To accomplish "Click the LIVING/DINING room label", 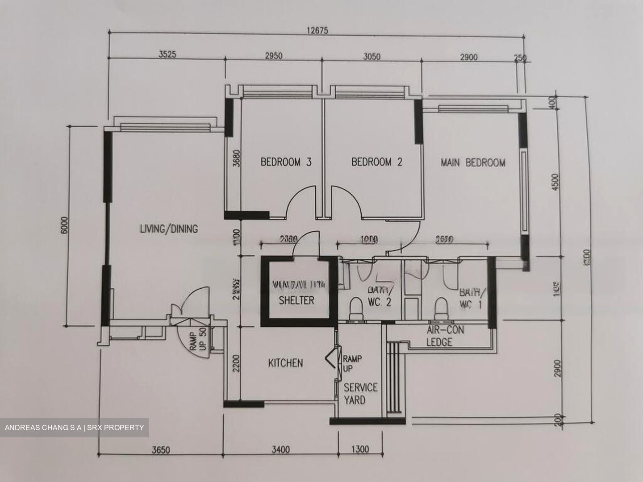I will (169, 229).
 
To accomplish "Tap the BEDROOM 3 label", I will (286, 162).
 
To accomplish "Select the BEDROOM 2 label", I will (376, 162).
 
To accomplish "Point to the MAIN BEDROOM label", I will (473, 162).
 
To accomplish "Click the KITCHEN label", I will (285, 363).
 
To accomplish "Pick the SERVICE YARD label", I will (360, 393).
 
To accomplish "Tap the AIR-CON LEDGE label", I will (445, 336).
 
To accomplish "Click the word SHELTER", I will (296, 300).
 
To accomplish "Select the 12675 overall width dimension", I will (317, 31).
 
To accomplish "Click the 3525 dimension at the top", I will (167, 54).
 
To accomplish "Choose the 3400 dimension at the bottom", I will (280, 449).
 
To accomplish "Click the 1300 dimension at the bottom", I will (360, 449).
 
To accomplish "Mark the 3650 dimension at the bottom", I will (161, 450).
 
